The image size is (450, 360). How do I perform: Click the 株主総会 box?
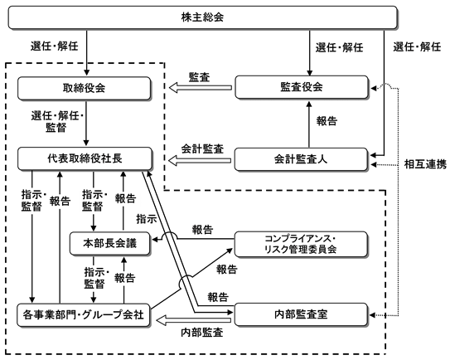pyautogui.click(x=202, y=17)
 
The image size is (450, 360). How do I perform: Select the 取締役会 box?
pyautogui.click(x=84, y=88)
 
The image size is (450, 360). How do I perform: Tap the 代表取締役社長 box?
pyautogui.click(x=85, y=158)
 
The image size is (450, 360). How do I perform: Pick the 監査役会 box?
pyautogui.click(x=302, y=87)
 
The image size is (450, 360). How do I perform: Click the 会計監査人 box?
pyautogui.click(x=301, y=159)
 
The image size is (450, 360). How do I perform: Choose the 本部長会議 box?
pyautogui.click(x=110, y=244)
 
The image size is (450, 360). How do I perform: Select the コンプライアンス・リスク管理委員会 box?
pyautogui.click(x=301, y=244)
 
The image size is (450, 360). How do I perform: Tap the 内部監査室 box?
pyautogui.click(x=301, y=314)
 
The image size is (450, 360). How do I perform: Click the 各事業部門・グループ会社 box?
pyautogui.click(x=84, y=315)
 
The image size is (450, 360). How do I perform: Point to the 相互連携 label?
pyautogui.click(x=425, y=164)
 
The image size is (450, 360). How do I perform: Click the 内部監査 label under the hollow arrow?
pyautogui.click(x=202, y=333)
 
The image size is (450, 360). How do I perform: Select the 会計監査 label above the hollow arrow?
pyautogui.click(x=202, y=148)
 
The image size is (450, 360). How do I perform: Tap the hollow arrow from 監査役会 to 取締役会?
pyautogui.click(x=201, y=88)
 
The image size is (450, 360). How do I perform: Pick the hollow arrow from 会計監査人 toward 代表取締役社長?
pyautogui.click(x=200, y=161)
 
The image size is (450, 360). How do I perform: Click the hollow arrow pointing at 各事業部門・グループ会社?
pyautogui.click(x=194, y=320)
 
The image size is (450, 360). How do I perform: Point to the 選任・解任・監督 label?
pyautogui.click(x=57, y=121)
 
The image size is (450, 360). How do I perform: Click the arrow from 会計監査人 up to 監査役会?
pyautogui.click(x=309, y=124)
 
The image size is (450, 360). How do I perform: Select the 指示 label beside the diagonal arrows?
pyautogui.click(x=147, y=219)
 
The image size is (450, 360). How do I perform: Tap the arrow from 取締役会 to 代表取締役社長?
pyautogui.click(x=86, y=123)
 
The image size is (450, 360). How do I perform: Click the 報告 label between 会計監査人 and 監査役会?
pyautogui.click(x=327, y=121)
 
